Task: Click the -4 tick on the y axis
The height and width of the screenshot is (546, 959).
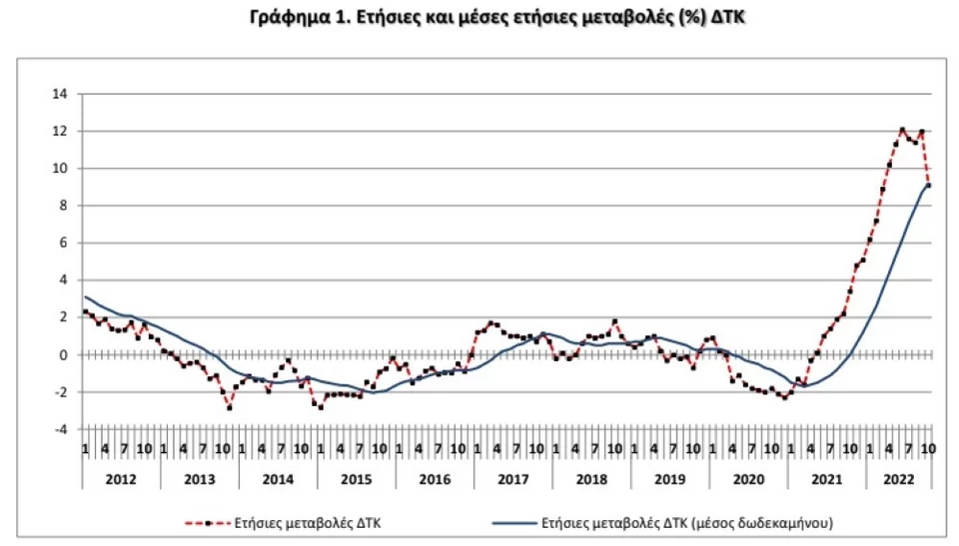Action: coord(61,429)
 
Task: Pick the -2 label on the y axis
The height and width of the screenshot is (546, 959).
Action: coord(61,392)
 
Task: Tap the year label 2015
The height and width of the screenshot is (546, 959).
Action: coord(356,480)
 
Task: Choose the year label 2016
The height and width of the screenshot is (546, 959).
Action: coord(434,480)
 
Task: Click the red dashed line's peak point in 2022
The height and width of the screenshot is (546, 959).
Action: coord(902,130)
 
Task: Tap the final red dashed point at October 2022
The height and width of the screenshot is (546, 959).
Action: coord(929,186)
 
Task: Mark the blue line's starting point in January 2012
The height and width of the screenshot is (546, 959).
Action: coord(86,296)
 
